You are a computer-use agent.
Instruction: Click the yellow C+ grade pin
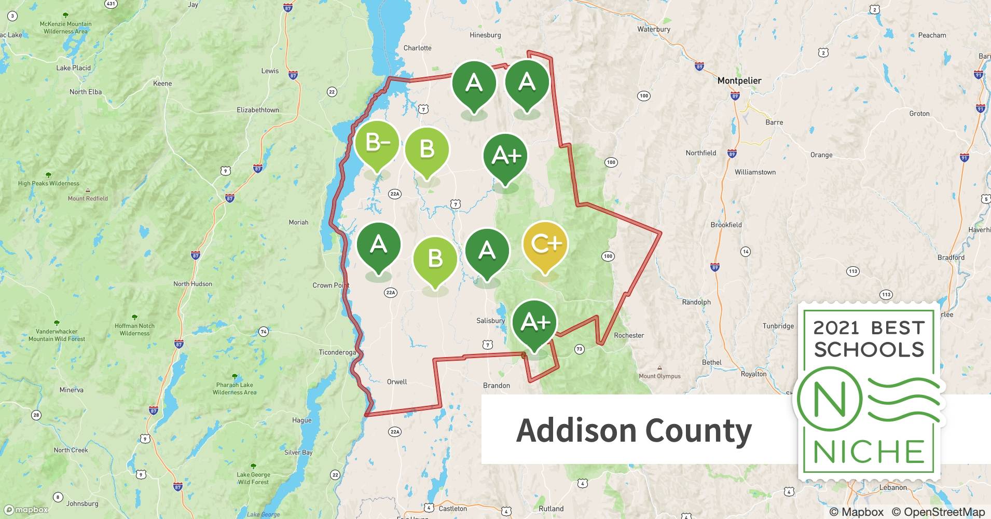tap(545, 244)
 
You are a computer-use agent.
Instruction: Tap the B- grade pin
tap(377, 143)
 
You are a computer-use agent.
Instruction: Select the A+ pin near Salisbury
tap(534, 323)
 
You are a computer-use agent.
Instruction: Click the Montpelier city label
tap(739, 81)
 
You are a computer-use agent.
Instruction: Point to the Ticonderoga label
tap(337, 352)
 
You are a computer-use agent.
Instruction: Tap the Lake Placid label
tap(73, 68)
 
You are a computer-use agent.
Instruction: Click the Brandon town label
tap(497, 386)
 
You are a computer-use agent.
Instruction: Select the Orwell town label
tap(397, 382)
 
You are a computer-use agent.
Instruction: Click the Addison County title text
tap(634, 430)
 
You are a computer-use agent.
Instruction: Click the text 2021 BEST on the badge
tap(869, 328)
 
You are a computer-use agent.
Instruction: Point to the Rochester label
tap(629, 336)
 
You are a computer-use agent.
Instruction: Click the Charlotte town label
tap(417, 48)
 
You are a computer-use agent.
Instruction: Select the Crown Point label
tap(331, 285)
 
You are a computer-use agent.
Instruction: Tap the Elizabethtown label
tap(257, 110)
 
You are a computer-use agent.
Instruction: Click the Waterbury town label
tap(654, 30)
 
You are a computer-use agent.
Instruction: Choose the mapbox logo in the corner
tap(26, 510)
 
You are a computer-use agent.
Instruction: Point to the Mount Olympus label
tap(659, 376)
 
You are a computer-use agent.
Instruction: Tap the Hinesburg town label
tap(485, 35)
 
